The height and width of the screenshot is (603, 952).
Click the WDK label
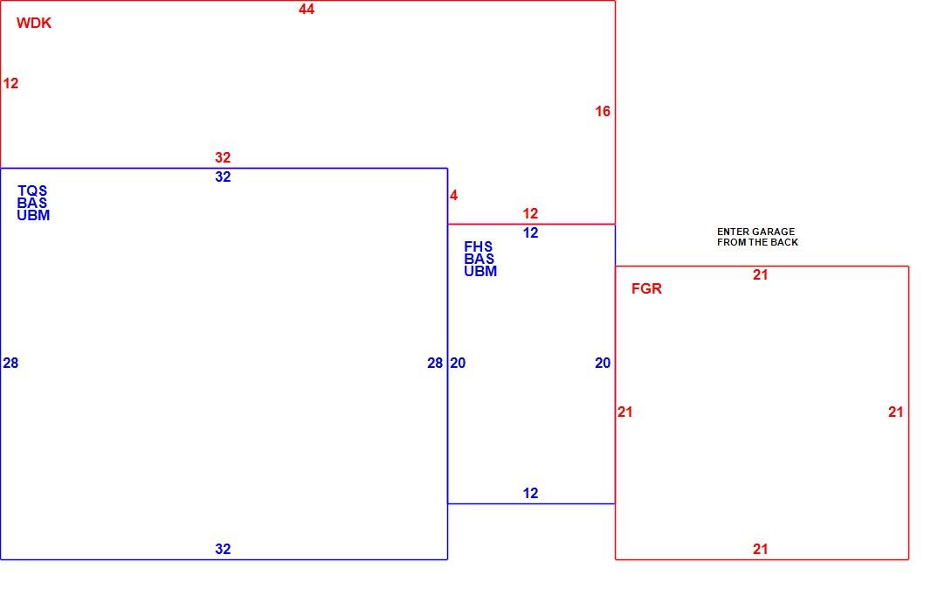pos(34,23)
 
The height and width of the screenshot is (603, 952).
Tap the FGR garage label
pos(646,288)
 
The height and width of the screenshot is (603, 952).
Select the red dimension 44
pos(307,9)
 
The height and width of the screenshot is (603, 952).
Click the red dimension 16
pos(603,111)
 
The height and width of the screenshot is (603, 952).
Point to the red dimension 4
pos(453,195)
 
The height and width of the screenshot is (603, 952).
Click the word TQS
pos(32,191)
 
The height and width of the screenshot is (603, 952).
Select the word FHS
pos(479,246)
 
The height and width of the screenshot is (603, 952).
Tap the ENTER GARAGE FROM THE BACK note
pos(757,237)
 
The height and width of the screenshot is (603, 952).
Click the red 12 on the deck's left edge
pos(11,83)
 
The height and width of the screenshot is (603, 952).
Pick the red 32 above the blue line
pos(223,157)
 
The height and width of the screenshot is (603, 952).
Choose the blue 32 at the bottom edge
pos(223,549)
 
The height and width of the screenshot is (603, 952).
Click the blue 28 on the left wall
pos(11,363)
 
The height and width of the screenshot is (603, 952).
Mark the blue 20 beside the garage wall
pos(603,363)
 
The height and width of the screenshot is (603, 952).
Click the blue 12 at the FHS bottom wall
pos(531,493)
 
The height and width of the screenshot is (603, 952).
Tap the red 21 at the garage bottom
pos(760,549)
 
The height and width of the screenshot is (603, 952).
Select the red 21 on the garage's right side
pos(895,412)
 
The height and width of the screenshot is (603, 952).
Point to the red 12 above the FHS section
pos(531,213)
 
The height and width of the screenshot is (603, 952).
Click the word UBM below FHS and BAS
pos(480,272)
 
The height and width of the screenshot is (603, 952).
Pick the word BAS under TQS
pos(32,203)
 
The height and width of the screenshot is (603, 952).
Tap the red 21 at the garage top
pos(760,274)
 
